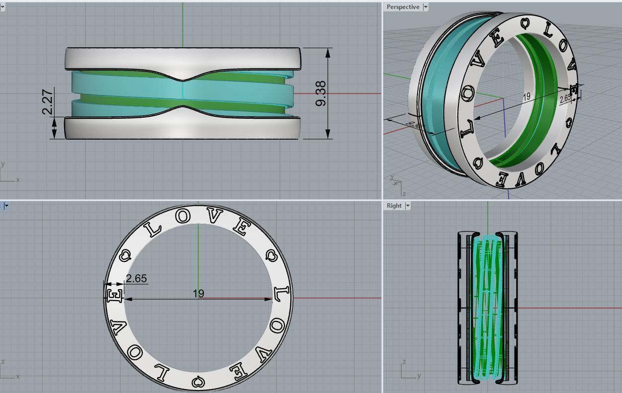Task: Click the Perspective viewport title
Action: click(403, 7)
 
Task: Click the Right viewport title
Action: click(394, 206)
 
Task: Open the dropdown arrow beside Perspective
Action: click(425, 7)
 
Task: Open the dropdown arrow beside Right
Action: click(408, 206)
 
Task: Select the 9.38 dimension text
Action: click(321, 93)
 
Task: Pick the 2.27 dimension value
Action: click(48, 101)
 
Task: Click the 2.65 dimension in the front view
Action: click(136, 278)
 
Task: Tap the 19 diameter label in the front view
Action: click(198, 294)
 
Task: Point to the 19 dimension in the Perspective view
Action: click(526, 97)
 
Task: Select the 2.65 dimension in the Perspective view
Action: click(565, 98)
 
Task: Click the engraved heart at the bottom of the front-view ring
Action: click(197, 382)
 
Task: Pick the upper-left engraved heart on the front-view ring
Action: click(125, 255)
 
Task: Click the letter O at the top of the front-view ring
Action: click(182, 216)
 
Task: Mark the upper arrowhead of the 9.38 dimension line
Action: click(328, 52)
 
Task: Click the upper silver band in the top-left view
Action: click(182, 59)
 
